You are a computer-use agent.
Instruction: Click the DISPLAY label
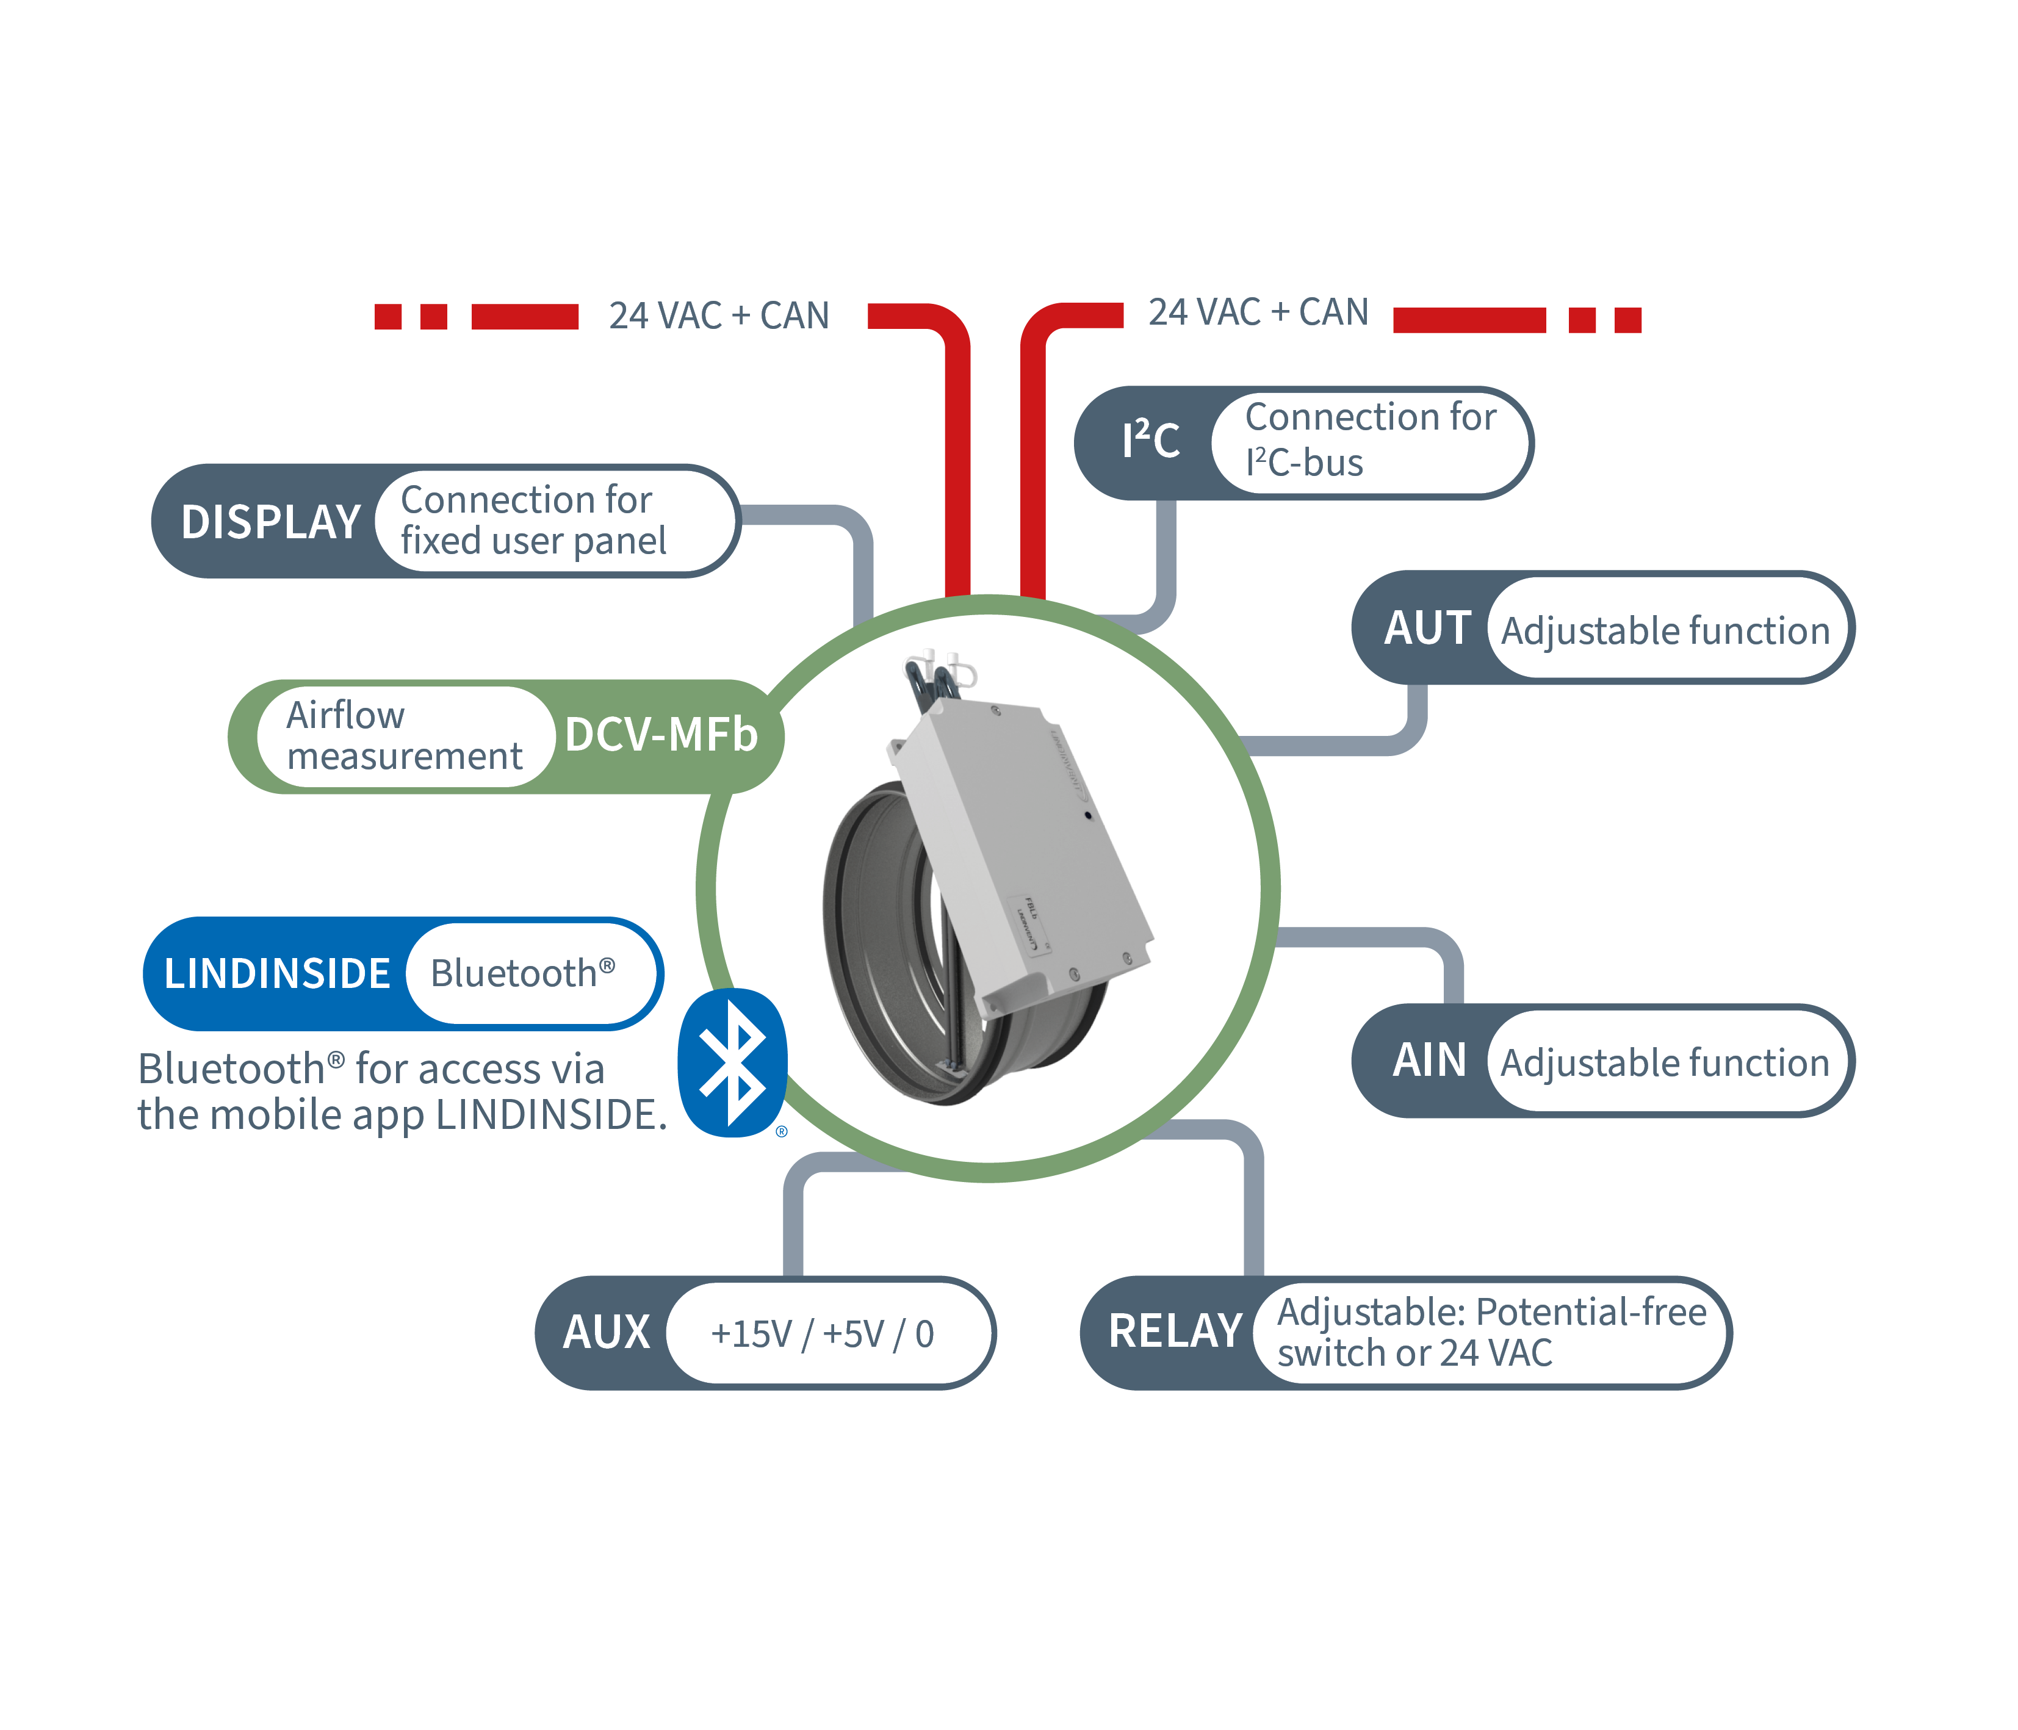click(x=271, y=522)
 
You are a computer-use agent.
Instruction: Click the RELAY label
click(x=1175, y=1332)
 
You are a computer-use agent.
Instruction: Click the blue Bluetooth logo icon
click(x=732, y=1063)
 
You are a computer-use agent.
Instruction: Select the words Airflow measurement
click(x=404, y=735)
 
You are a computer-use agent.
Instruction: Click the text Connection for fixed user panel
click(x=533, y=520)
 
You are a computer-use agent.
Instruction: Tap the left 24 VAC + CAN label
click(x=719, y=315)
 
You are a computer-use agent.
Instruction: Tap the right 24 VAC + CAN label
click(x=1258, y=312)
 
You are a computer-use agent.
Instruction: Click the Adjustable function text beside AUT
click(x=1665, y=631)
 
